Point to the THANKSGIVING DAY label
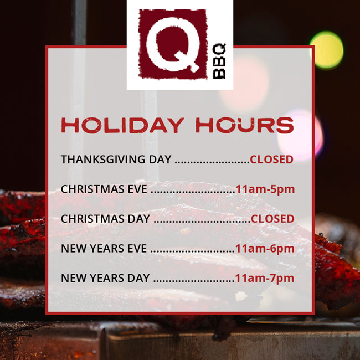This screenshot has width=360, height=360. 116,160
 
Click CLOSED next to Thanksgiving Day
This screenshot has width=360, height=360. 271,160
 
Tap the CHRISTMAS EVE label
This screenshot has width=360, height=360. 104,189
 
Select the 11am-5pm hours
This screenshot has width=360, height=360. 265,189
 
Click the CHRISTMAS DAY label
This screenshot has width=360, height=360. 105,219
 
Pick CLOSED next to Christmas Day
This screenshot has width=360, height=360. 272,219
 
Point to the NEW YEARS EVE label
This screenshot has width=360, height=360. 104,249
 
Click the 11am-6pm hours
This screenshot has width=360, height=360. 265,249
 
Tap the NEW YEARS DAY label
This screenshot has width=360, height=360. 105,278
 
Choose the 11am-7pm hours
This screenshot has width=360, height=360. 265,278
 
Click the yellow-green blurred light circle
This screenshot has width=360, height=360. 326,50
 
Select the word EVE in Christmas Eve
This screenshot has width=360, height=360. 137,189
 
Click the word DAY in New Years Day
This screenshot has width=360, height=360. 138,278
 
